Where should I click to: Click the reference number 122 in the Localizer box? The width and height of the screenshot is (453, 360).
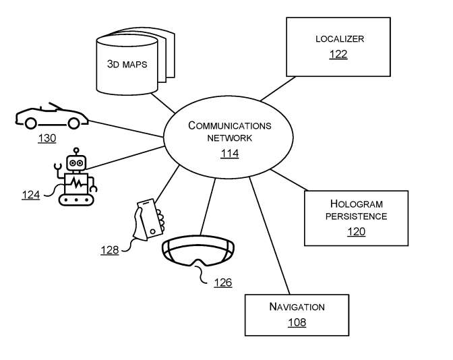tap(338, 54)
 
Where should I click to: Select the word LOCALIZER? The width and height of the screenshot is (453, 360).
tap(338, 39)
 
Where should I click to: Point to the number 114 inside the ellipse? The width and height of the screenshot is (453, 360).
tap(230, 154)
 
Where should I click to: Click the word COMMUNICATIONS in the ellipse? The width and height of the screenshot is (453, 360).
tap(230, 125)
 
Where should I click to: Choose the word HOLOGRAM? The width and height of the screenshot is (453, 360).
tap(356, 204)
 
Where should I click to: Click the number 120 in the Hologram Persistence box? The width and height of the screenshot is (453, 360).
tap(356, 232)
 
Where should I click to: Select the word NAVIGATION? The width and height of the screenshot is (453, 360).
tap(297, 307)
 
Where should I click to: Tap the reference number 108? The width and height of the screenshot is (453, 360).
tap(297, 322)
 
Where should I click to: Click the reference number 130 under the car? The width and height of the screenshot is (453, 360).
tap(47, 138)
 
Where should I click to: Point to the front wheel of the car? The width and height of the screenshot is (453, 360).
tap(30, 122)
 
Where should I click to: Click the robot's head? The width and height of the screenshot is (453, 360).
tap(75, 162)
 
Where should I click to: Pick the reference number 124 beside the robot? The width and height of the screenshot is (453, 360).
tap(30, 195)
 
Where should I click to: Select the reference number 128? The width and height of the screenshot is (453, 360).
tap(110, 249)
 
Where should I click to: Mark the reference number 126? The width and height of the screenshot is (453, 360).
tap(222, 282)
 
